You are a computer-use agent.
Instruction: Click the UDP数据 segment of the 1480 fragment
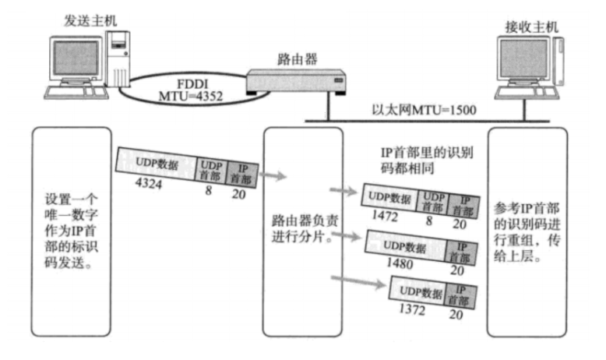(x=406, y=247)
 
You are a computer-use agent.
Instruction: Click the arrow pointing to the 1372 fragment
(x=347, y=277)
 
